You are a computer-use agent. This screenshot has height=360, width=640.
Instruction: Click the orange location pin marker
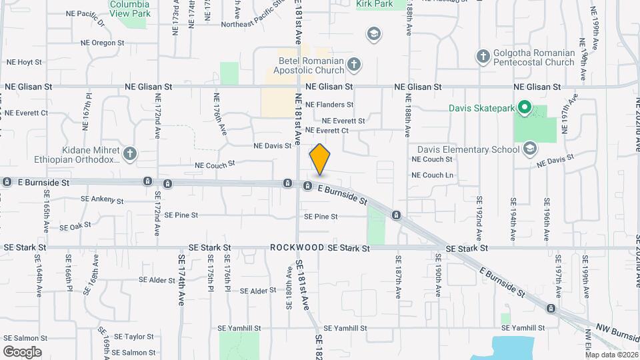tap(320, 159)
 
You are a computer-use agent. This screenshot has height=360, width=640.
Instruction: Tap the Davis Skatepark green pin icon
tap(525, 107)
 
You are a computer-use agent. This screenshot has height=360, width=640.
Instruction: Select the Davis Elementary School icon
tap(530, 148)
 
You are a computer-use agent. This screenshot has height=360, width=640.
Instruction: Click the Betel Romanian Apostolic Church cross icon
tap(354, 65)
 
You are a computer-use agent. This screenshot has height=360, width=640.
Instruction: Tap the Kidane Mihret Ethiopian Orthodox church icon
tap(130, 154)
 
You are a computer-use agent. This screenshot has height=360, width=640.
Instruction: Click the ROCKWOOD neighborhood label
tap(297, 248)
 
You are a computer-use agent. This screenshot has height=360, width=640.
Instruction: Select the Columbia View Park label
tap(130, 7)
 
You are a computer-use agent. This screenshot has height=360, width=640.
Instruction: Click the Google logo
tap(22, 351)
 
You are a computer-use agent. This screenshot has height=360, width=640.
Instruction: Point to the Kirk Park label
tap(373, 4)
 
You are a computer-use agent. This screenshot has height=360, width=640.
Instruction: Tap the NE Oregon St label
tap(102, 43)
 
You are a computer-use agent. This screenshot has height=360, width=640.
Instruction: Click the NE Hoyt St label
tap(24, 62)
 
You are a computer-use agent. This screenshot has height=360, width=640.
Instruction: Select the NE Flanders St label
tap(329, 105)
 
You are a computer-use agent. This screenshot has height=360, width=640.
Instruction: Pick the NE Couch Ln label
tap(433, 175)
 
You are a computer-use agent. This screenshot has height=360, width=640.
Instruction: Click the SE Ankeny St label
tap(102, 199)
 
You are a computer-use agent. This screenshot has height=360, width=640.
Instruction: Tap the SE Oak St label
tap(75, 227)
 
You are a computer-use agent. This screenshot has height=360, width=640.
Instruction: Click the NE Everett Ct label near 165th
tap(26, 113)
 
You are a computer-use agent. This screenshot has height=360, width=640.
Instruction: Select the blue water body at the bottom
tap(513, 347)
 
